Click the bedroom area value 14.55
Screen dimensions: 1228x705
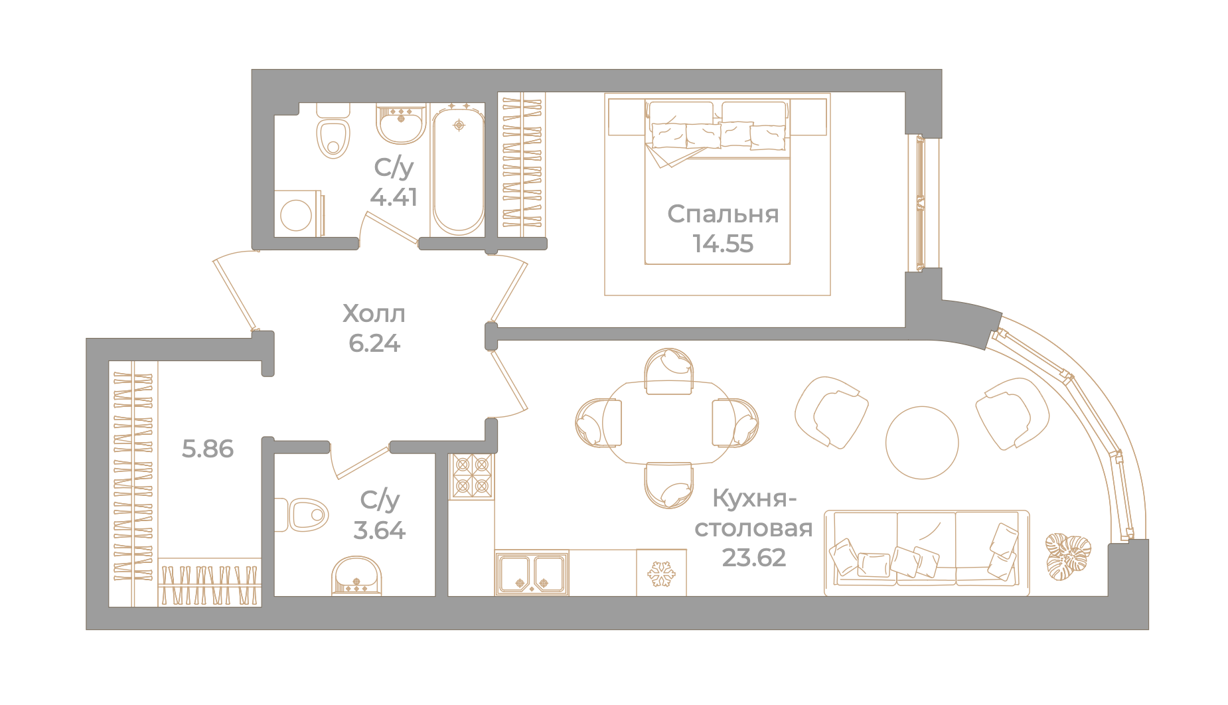pos(723,244)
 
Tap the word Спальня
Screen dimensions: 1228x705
pos(723,214)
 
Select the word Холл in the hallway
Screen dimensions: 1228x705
pos(374,313)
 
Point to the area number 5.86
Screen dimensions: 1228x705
pos(208,449)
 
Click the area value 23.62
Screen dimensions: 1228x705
pos(754,558)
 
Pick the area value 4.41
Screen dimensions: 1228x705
pos(394,197)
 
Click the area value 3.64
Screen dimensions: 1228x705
pos(379,530)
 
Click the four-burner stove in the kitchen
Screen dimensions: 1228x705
pos(472,477)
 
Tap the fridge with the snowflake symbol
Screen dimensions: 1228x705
pos(661,572)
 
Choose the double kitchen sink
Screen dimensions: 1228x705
pos(532,573)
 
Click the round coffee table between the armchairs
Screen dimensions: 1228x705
pos(922,443)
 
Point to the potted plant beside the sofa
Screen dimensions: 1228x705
pos(1068,556)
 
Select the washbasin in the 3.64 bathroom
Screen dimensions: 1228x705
pos(357,576)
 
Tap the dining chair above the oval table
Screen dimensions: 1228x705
pos(669,372)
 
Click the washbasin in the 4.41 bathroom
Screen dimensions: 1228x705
pos(402,123)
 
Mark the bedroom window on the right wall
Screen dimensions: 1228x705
pos(921,203)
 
